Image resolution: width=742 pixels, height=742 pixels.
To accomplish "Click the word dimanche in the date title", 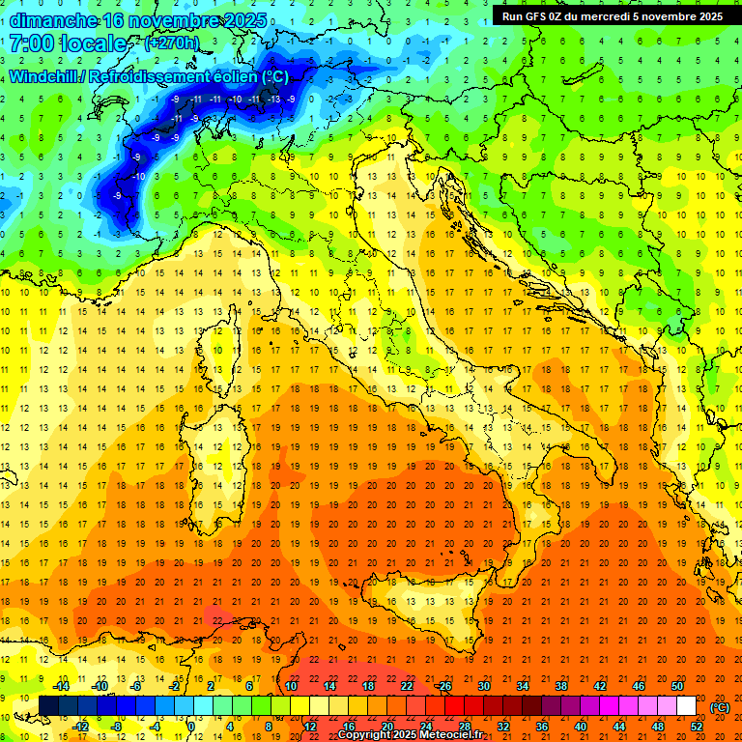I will pyautogui.click(x=53, y=19).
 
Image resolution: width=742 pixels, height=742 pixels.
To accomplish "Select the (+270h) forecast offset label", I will pyautogui.click(x=172, y=43).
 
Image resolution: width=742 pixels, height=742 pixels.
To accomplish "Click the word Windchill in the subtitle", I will pyautogui.click(x=44, y=77).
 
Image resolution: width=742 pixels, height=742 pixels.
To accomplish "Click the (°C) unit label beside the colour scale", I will pyautogui.click(x=720, y=707).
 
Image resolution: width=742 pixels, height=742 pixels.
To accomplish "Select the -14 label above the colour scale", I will pyautogui.click(x=62, y=687).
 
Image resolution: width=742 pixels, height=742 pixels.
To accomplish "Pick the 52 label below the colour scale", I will pyautogui.click(x=697, y=726).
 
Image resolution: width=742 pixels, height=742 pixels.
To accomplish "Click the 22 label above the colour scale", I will pyautogui.click(x=407, y=687).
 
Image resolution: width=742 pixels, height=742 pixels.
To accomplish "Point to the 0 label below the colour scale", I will pyautogui.click(x=191, y=726).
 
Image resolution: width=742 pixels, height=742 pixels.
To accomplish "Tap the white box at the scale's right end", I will pyautogui.click(x=686, y=706).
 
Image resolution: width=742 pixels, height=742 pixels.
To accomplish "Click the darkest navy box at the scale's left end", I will pyautogui.click(x=48, y=706).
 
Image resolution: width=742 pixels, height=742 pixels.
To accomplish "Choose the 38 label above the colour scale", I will pyautogui.click(x=561, y=687).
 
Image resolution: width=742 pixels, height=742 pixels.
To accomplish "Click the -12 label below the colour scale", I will pyautogui.click(x=80, y=726).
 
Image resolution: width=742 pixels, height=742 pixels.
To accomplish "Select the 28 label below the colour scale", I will pyautogui.click(x=465, y=726).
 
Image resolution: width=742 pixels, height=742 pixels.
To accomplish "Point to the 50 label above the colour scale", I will pyautogui.click(x=677, y=687).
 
